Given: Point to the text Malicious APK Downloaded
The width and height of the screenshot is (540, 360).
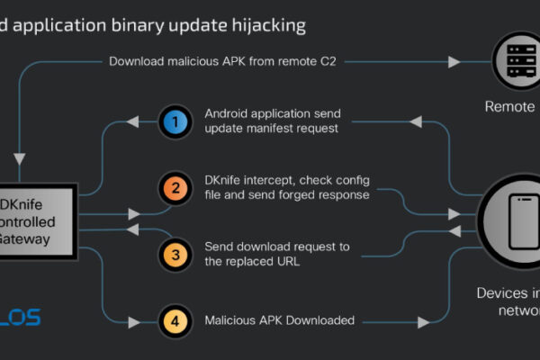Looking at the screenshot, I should [279, 319].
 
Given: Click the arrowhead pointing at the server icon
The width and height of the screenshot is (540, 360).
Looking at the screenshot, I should [454, 61].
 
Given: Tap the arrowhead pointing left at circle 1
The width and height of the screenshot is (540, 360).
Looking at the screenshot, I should [133, 121].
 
